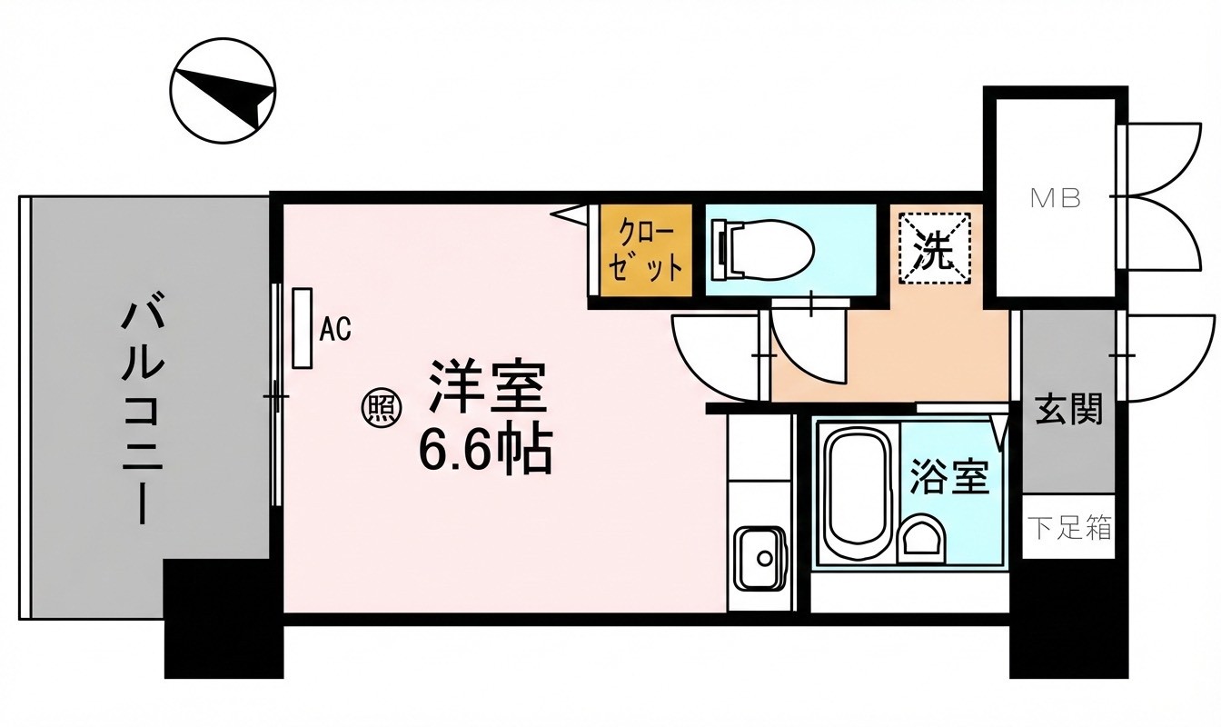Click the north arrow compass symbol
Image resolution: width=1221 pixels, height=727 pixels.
click(223, 91)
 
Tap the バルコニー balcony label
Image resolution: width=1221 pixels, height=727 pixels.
click(143, 409)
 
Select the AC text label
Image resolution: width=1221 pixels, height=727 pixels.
click(334, 329)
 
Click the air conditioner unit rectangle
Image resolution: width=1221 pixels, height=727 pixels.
click(302, 328)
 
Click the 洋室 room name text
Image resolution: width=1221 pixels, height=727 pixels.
click(487, 386)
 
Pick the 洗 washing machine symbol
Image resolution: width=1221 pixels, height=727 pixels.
click(934, 249)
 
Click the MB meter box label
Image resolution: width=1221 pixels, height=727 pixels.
click(1056, 199)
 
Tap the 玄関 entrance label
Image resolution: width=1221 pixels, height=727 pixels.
click(1068, 409)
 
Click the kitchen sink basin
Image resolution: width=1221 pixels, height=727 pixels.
click(759, 558)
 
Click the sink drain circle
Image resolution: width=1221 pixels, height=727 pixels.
click(764, 559)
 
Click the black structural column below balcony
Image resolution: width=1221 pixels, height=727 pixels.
click(224, 619)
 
